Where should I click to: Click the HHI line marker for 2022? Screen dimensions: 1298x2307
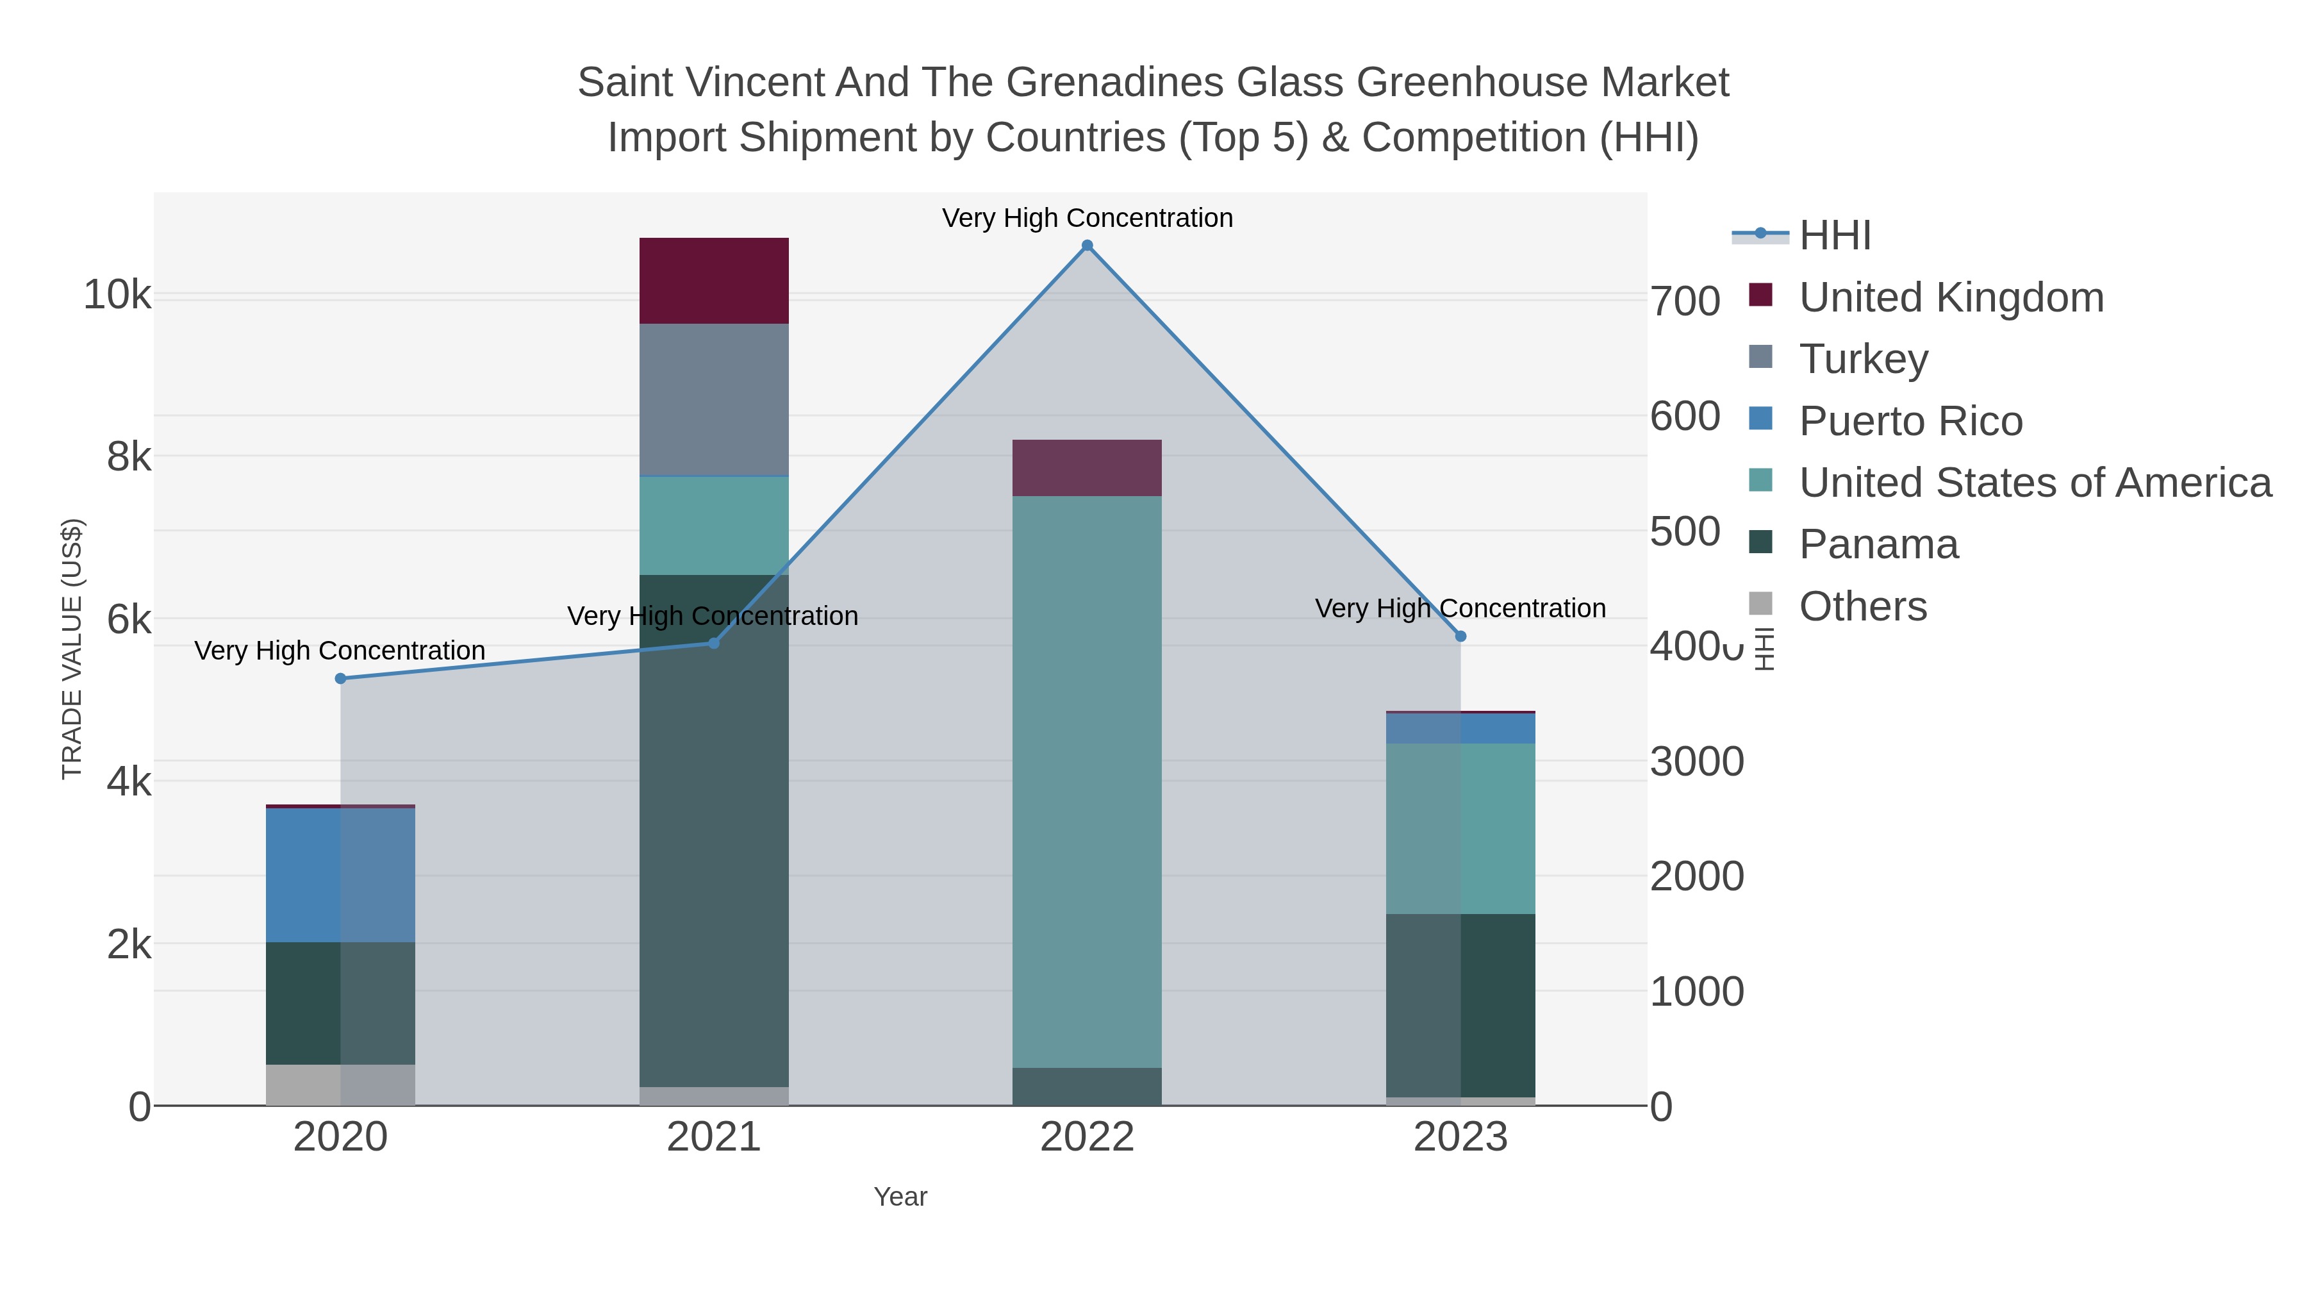1087,245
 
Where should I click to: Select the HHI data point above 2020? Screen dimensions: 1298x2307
340,679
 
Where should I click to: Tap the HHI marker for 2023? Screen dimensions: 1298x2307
1460,636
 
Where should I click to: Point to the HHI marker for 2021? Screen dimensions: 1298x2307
714,643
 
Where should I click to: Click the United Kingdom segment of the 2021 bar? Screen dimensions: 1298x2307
714,280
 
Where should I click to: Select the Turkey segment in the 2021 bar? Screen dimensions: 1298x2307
714,399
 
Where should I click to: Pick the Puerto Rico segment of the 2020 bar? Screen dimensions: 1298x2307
340,874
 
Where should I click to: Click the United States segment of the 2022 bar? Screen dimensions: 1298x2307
1087,781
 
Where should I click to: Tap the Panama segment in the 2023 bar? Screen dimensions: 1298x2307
1460,1005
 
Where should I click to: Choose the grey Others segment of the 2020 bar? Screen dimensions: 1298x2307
340,1085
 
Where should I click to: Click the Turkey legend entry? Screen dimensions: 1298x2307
1863,359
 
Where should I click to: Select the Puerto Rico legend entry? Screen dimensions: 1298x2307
1910,421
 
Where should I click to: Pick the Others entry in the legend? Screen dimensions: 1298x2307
1863,606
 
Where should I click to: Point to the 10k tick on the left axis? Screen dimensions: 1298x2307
117,295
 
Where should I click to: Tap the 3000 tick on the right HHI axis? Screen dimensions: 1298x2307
1697,761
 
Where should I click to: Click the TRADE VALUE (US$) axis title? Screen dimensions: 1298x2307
72,649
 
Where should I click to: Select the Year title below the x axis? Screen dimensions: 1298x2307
900,1197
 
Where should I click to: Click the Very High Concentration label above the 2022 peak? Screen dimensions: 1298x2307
1087,218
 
